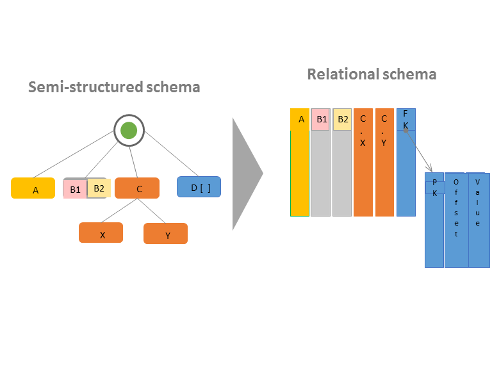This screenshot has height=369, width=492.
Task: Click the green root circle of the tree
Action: [129, 131]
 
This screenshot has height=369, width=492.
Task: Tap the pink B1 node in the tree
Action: [75, 189]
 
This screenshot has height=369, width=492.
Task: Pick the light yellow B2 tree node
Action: [99, 188]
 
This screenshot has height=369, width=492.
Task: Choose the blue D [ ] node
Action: [199, 186]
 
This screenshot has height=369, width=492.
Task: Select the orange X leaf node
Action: [101, 233]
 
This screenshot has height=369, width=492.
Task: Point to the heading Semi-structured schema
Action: [114, 86]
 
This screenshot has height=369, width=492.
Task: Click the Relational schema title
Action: [372, 74]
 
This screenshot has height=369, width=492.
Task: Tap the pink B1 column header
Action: [321, 119]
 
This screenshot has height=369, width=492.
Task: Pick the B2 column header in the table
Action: [342, 119]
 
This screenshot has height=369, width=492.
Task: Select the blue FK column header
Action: [406, 119]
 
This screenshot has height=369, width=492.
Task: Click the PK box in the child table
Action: [434, 188]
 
